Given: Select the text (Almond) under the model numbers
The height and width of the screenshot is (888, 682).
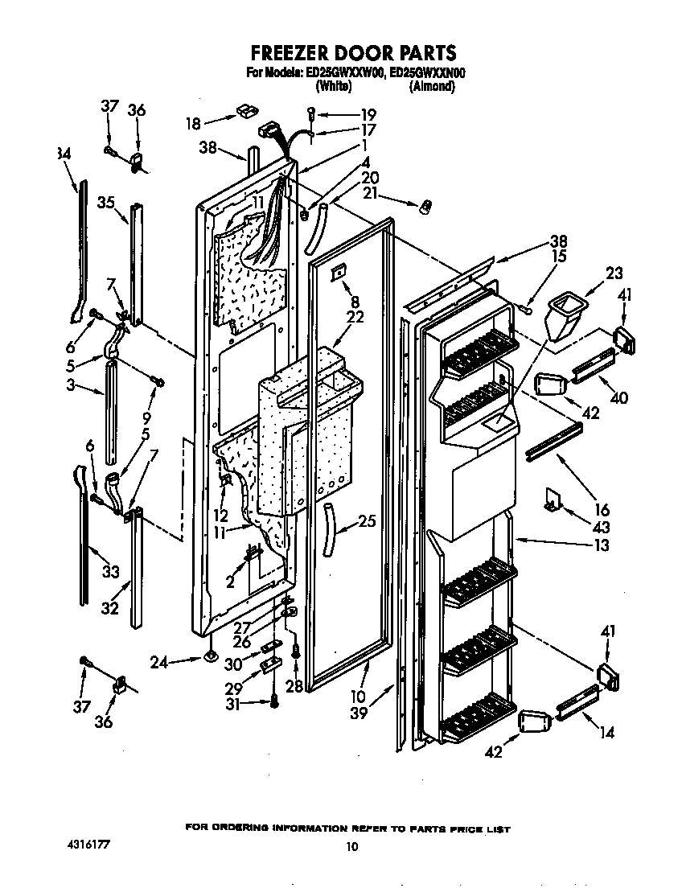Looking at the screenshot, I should (432, 86).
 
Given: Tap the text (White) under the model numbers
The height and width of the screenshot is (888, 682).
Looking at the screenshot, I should (331, 86).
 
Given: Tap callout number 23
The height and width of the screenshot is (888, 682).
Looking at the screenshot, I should (614, 273).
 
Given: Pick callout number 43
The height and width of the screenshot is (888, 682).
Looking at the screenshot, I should (601, 528).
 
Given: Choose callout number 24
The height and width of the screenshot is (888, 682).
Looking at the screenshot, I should (160, 663).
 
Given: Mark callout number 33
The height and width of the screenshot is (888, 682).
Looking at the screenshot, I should (110, 572).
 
